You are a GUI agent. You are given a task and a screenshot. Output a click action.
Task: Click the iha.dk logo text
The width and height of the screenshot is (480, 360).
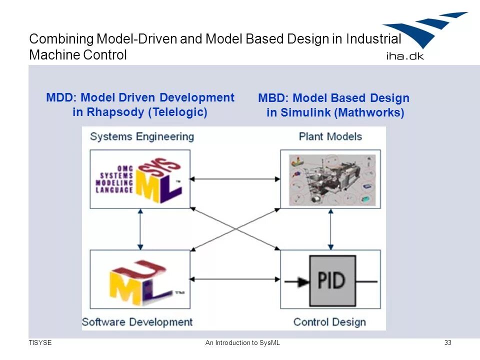coord(404,55)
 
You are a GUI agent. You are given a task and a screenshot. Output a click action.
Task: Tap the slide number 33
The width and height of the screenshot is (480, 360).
coord(447,342)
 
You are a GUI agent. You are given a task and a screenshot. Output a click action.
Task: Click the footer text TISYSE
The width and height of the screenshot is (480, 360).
coord(40,342)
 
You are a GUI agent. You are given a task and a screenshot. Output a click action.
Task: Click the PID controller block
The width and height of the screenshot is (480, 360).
coord(331,280)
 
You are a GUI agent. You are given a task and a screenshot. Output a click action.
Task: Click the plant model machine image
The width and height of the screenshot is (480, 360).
coord(330,179)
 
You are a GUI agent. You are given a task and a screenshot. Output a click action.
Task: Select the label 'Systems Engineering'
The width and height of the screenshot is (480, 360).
coord(141,136)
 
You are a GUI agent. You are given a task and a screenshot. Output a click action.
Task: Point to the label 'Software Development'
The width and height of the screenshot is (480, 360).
coord(137,321)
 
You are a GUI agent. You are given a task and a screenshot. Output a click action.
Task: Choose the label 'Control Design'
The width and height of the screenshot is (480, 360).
coord(329,321)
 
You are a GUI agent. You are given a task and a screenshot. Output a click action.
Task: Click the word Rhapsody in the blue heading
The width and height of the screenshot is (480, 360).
coord(115,112)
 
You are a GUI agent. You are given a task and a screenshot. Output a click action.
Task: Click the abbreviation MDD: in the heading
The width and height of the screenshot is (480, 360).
coord(61,97)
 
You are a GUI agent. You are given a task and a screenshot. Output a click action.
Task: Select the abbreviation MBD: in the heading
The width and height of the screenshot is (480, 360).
coord(273,98)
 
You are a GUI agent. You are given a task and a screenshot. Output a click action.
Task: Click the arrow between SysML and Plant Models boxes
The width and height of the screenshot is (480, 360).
coord(235,178)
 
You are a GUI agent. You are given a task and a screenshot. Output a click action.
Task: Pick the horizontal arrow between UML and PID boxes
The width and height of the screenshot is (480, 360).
coord(235,278)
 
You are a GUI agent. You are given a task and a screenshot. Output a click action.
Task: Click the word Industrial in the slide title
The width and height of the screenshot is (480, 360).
coord(373,39)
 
